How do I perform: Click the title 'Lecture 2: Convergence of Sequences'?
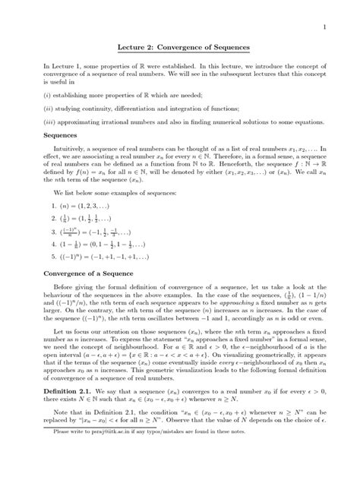(179, 48)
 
